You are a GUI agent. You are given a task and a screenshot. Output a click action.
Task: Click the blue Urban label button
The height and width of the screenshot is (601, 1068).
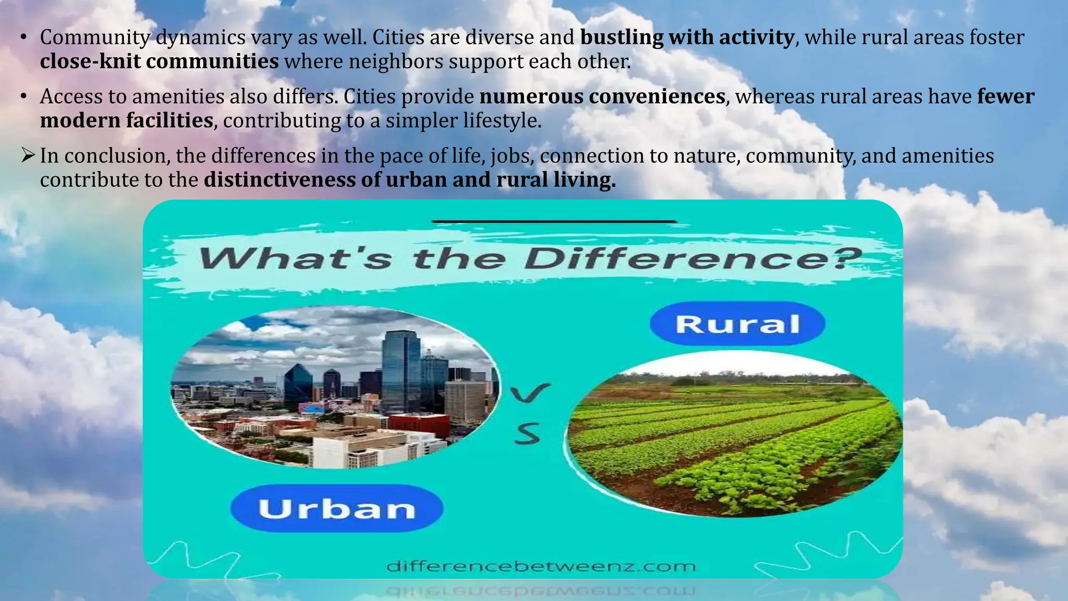337,509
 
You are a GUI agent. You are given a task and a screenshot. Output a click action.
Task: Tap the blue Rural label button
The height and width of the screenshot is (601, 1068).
737,324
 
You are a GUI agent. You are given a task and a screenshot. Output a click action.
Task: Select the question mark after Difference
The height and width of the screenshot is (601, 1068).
843,259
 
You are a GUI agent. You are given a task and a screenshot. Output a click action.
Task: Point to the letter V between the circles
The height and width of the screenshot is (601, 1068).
530,394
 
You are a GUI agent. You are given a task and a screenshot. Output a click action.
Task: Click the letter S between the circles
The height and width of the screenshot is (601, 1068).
527,434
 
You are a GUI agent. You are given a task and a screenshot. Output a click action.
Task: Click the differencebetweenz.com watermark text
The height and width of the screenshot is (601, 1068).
541,567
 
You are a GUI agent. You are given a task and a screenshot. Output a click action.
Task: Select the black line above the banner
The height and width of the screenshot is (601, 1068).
554,222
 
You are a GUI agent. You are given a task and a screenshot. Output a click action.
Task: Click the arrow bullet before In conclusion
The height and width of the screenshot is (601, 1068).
28,155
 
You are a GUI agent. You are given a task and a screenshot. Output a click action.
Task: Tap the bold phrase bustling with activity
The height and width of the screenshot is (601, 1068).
687,38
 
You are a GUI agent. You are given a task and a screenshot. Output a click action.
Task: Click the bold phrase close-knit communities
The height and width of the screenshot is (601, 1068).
160,62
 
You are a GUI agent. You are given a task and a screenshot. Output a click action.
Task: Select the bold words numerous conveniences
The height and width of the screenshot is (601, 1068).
602,97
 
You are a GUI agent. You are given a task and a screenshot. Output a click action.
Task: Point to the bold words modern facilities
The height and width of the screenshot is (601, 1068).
127,121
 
